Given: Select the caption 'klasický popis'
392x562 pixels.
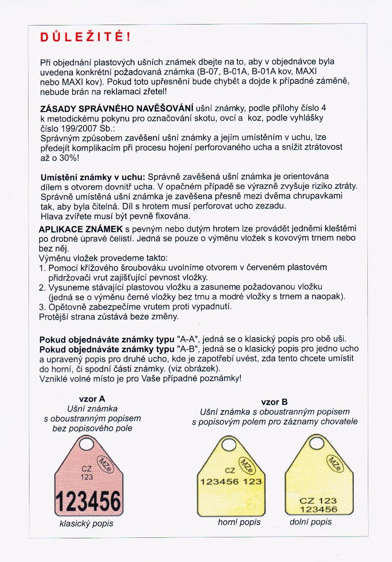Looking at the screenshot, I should (86, 523).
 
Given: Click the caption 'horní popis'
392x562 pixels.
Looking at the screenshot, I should (239, 522).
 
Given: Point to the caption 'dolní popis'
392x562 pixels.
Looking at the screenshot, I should (311, 522).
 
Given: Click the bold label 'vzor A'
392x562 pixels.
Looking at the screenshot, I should (92, 399).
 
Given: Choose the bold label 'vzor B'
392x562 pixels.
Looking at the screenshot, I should (274, 402).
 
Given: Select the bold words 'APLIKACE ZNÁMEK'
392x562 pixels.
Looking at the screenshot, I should (81, 229).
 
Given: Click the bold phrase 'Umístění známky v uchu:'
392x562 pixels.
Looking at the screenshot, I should (92, 177).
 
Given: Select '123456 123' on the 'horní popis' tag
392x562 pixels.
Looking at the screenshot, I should (231, 481).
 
